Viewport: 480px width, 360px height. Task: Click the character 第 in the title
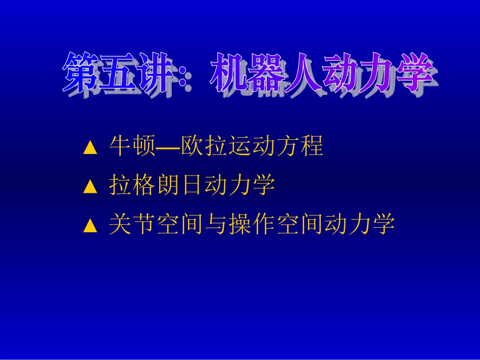81,75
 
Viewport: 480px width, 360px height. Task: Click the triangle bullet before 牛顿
90,147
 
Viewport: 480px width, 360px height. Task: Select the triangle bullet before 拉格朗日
90,187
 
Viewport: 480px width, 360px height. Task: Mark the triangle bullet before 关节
90,226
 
